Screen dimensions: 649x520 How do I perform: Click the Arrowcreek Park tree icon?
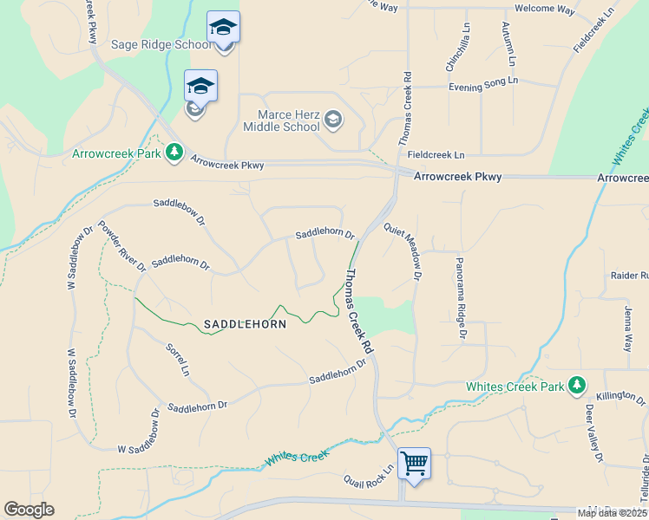[174, 153]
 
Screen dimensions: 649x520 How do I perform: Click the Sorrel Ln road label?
[176, 360]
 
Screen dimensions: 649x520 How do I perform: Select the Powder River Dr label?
[121, 246]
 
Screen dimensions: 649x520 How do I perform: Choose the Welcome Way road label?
[545, 10]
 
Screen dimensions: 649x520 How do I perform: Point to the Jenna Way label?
[627, 327]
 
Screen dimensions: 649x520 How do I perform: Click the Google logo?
[29, 510]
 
